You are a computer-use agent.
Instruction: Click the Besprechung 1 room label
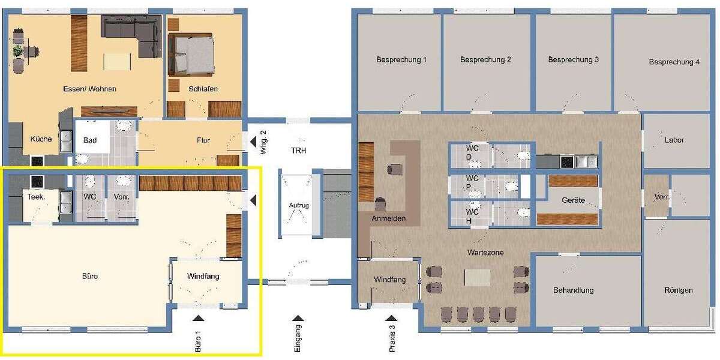point(401,60)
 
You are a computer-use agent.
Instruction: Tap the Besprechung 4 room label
point(674,62)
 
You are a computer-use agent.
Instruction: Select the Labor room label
point(674,140)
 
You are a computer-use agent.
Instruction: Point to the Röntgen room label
point(678,290)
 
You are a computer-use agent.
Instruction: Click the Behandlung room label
point(573,290)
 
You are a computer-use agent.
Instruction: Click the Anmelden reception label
point(389,218)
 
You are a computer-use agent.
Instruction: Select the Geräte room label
point(573,200)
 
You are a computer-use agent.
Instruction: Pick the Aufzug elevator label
point(299,205)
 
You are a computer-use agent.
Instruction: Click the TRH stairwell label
point(299,151)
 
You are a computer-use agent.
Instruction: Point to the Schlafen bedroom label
point(203,89)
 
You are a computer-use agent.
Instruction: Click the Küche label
point(41,139)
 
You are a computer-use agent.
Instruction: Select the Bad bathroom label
point(89,140)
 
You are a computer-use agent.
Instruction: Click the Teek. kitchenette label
point(36,197)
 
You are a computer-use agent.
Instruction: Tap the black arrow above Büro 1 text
point(198,318)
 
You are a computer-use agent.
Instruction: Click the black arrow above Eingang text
point(298,318)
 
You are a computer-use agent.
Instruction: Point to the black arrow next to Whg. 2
point(253,142)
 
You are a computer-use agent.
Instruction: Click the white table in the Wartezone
point(478,278)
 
